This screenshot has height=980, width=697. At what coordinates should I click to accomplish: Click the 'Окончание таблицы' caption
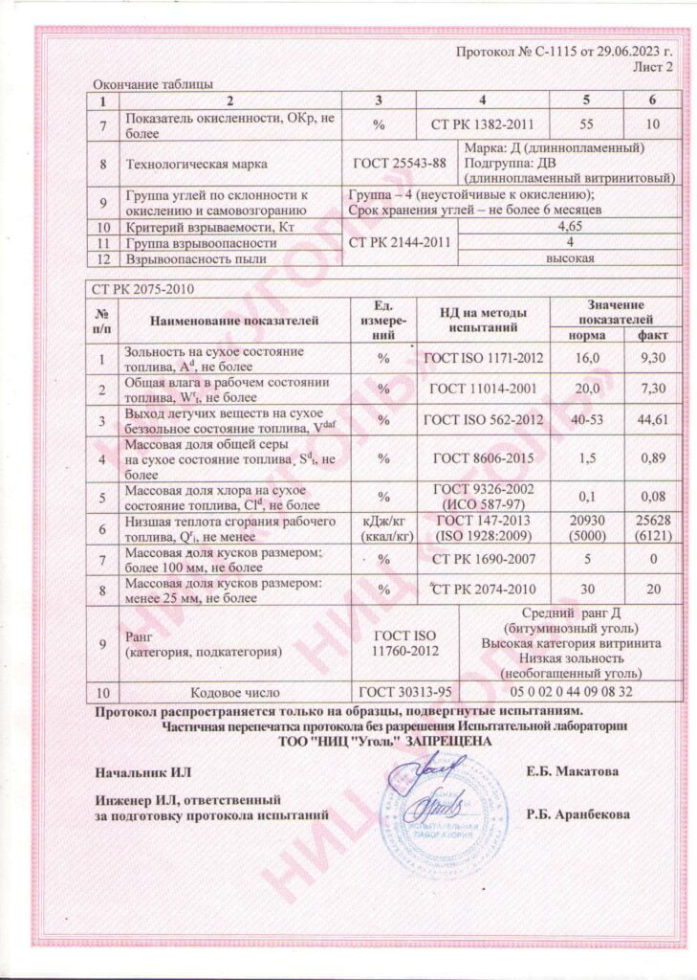(152, 85)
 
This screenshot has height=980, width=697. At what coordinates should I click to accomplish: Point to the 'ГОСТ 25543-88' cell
(400, 163)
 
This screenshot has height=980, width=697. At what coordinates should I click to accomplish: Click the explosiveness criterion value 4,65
(569, 227)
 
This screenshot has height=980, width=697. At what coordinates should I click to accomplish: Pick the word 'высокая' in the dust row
(570, 258)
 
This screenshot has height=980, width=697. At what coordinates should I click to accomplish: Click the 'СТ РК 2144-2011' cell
(400, 243)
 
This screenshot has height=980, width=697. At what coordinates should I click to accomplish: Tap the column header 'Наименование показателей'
(233, 321)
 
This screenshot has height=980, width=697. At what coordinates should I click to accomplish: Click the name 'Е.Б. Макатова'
(572, 771)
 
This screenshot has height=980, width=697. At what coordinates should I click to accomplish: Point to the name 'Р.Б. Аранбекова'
(577, 815)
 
